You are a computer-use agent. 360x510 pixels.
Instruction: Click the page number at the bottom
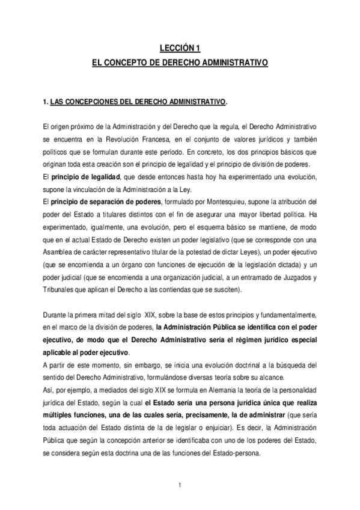click(180, 484)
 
